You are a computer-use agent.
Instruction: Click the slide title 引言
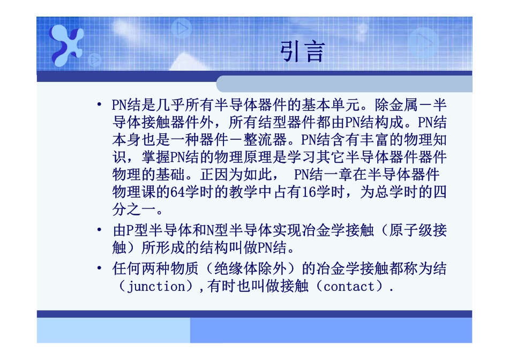pyautogui.click(x=303, y=52)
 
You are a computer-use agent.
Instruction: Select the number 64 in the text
pyautogui.click(x=177, y=192)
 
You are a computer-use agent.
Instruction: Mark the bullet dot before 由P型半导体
pyautogui.click(x=100, y=231)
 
